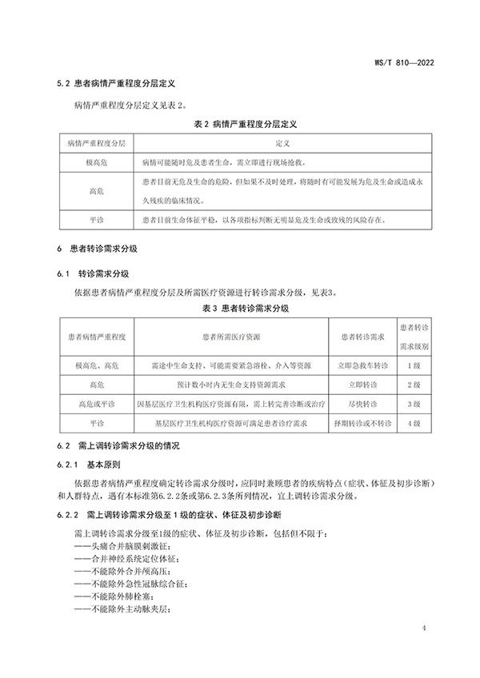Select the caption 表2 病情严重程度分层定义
pos(240,123)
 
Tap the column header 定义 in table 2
pos(281,142)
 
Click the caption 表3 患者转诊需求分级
pos(240,307)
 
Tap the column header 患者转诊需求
pos(363,337)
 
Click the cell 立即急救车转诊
pos(363,365)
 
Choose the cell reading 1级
pos(414,365)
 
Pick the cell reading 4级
pos(414,423)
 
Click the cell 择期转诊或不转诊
pos(363,423)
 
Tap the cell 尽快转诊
pos(363,404)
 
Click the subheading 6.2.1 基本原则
pos(98,464)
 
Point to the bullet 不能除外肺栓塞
pos(114,596)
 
